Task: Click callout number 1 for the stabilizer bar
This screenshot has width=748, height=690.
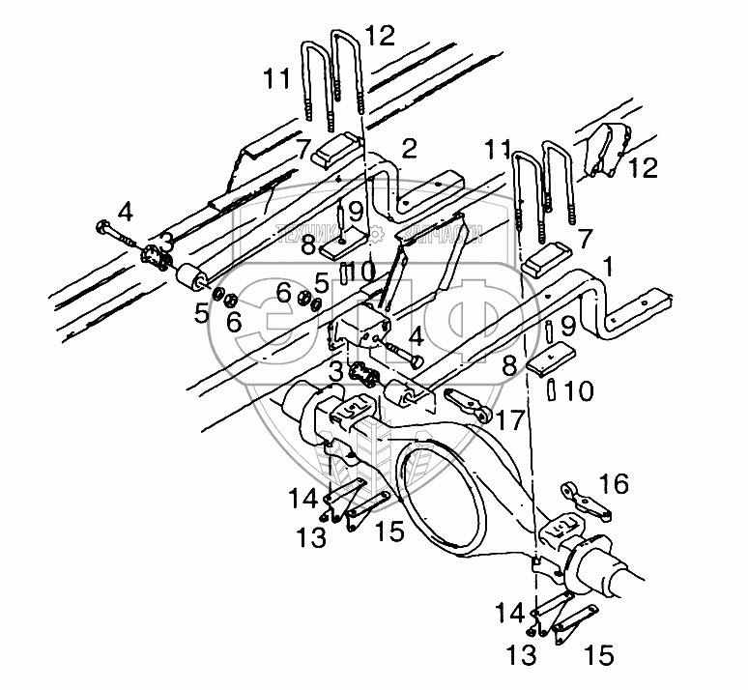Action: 606,264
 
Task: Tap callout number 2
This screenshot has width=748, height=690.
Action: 409,148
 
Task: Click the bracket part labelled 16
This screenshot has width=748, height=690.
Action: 584,498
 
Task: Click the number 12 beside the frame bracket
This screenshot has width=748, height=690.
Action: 642,168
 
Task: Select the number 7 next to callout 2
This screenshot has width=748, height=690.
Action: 302,149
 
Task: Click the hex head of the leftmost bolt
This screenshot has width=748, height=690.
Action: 102,230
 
